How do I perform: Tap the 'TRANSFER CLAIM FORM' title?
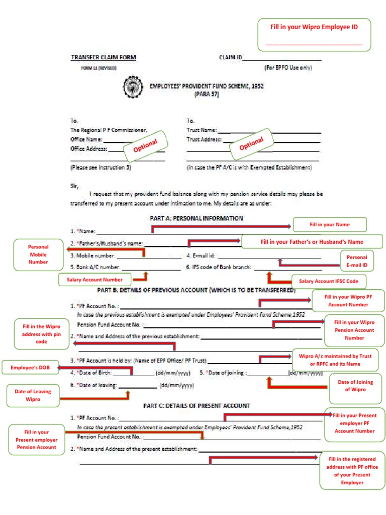(103, 57)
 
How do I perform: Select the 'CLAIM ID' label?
(230, 57)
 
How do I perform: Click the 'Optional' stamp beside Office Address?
(145, 147)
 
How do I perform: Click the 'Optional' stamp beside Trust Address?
(251, 144)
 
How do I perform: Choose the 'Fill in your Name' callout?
(330, 224)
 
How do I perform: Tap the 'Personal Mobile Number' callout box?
(38, 254)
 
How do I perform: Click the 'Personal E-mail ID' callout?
(357, 261)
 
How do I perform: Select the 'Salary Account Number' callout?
(95, 279)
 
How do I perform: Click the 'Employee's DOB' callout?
(28, 368)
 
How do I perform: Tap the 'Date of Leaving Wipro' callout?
(33, 395)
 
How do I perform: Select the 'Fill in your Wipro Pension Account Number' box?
(354, 330)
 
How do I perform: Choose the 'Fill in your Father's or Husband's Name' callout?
(312, 242)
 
